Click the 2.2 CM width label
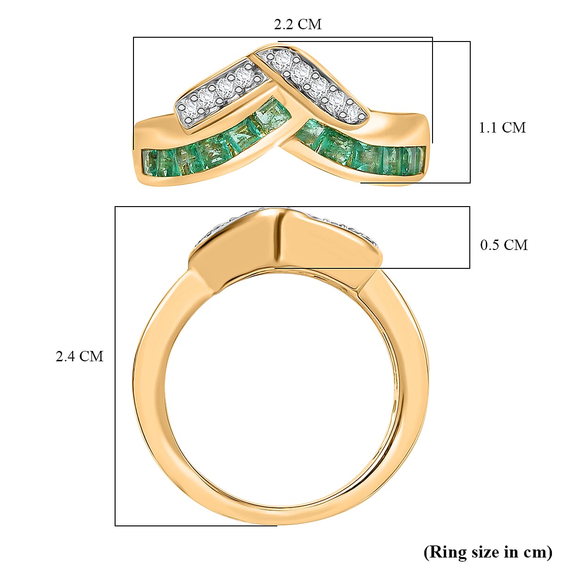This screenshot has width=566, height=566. (298, 25)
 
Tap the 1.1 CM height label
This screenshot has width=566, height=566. (502, 127)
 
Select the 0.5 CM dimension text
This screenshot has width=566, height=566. (503, 245)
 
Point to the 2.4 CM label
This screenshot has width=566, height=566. (79, 356)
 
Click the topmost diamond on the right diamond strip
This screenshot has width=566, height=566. (283, 59)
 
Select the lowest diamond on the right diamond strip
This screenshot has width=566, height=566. (353, 110)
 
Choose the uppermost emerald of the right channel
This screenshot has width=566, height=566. (309, 130)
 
